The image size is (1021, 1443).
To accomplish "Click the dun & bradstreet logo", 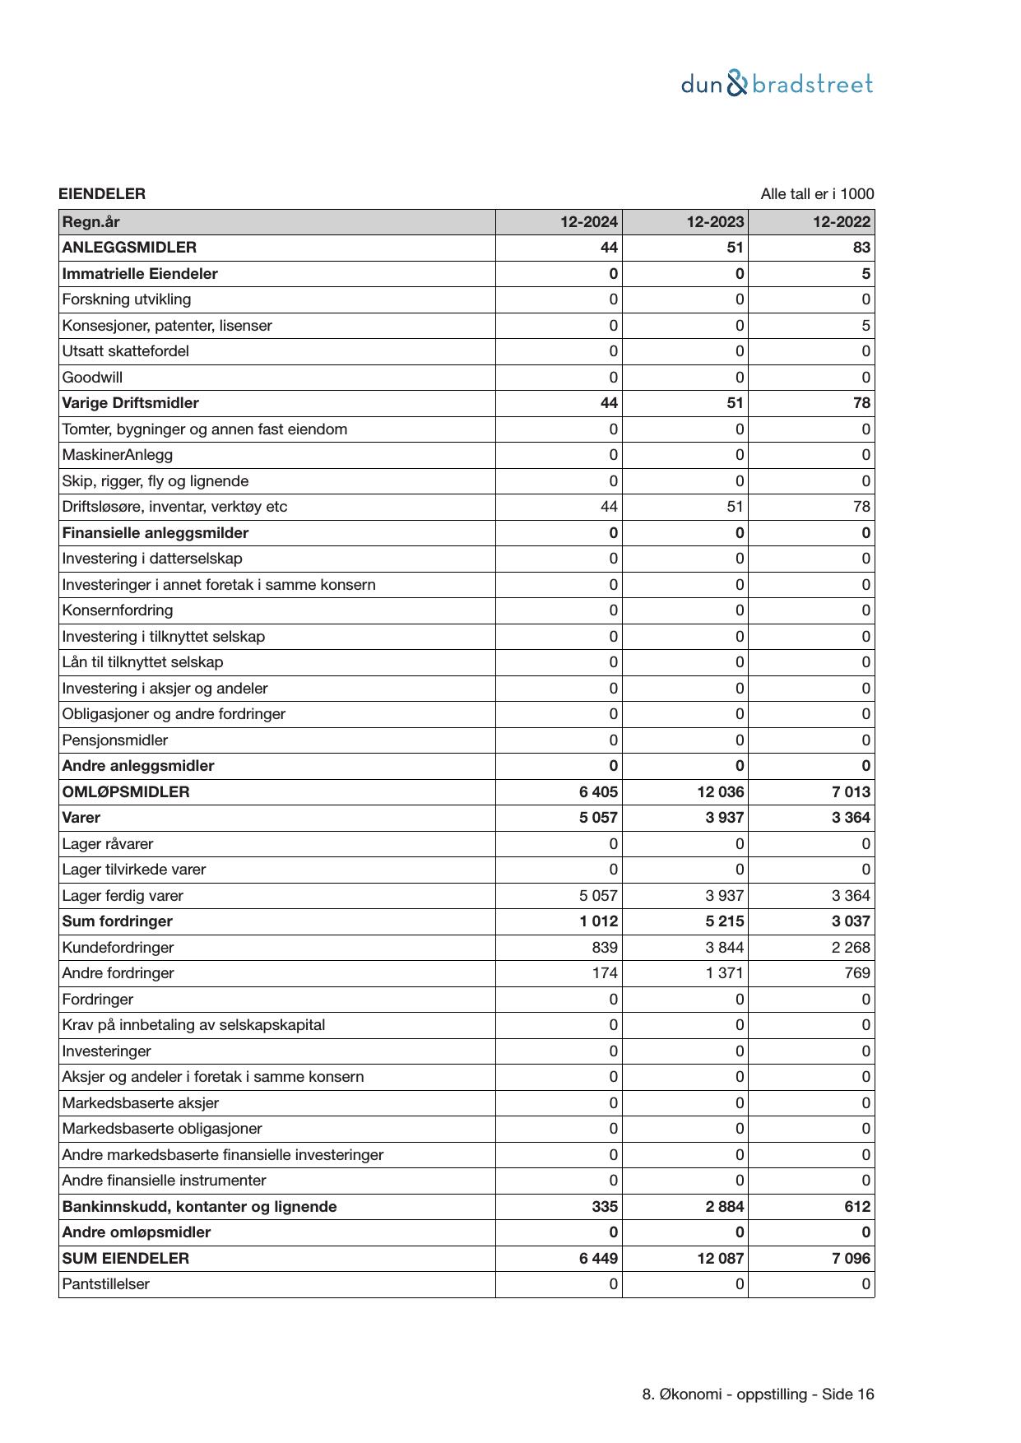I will pyautogui.click(x=777, y=84).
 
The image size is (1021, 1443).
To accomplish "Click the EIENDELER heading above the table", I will pyautogui.click(x=102, y=194).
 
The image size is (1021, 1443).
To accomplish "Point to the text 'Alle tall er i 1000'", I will pyautogui.click(x=817, y=194).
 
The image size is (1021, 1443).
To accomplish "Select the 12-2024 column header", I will pyautogui.click(x=589, y=222).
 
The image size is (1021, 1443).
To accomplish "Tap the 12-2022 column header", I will pyautogui.click(x=842, y=222).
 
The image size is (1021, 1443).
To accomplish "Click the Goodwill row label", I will pyautogui.click(x=92, y=378).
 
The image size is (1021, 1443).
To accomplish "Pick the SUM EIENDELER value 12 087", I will pyautogui.click(x=720, y=1259).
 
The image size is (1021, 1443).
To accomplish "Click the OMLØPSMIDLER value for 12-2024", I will pyautogui.click(x=598, y=792).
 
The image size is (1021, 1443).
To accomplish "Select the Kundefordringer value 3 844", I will pyautogui.click(x=724, y=948).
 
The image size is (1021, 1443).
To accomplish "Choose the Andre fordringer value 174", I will pyautogui.click(x=605, y=973).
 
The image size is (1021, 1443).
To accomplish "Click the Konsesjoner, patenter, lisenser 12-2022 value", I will pyautogui.click(x=866, y=326).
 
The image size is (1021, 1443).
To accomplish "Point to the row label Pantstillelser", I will pyautogui.click(x=105, y=1284).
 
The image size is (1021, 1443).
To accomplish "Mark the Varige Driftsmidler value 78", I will pyautogui.click(x=861, y=403).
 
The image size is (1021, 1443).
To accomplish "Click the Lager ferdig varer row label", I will pyautogui.click(x=123, y=896).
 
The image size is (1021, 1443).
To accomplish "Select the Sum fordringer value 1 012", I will pyautogui.click(x=598, y=921).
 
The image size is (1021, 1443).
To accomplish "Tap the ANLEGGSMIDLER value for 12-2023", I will pyautogui.click(x=735, y=248).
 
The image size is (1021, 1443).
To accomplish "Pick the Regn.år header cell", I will pyautogui.click(x=90, y=222).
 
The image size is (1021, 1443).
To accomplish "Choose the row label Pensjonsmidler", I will pyautogui.click(x=114, y=740).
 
